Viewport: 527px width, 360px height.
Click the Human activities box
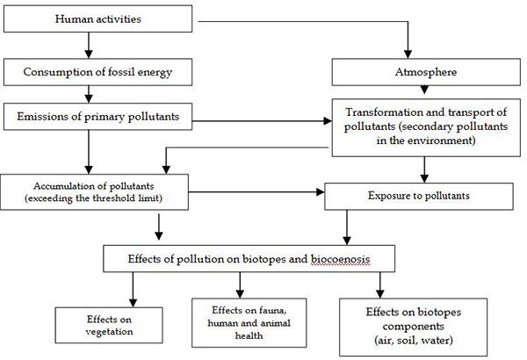(x=97, y=18)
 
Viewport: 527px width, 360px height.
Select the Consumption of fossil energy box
(x=97, y=72)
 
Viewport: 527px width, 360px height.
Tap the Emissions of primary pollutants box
(x=97, y=117)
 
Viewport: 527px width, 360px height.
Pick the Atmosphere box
(x=426, y=72)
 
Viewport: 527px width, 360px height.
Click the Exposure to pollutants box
(x=419, y=197)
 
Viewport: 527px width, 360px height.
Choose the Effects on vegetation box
(x=109, y=325)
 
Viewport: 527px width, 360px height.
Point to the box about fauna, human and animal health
(x=249, y=323)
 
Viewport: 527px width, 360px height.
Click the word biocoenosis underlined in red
(x=340, y=259)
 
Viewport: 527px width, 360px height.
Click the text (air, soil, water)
(x=414, y=341)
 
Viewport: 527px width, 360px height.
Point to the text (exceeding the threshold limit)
(x=93, y=198)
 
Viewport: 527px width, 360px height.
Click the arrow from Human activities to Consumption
(x=89, y=46)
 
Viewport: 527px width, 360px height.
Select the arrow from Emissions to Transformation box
(x=262, y=121)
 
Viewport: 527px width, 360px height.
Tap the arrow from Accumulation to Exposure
(x=256, y=192)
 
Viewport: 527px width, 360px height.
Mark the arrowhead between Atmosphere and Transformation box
(x=424, y=90)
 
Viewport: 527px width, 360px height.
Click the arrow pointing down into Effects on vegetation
(x=134, y=290)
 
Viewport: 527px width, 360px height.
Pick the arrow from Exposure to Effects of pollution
(x=347, y=227)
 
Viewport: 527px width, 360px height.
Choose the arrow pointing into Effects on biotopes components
(x=380, y=285)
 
